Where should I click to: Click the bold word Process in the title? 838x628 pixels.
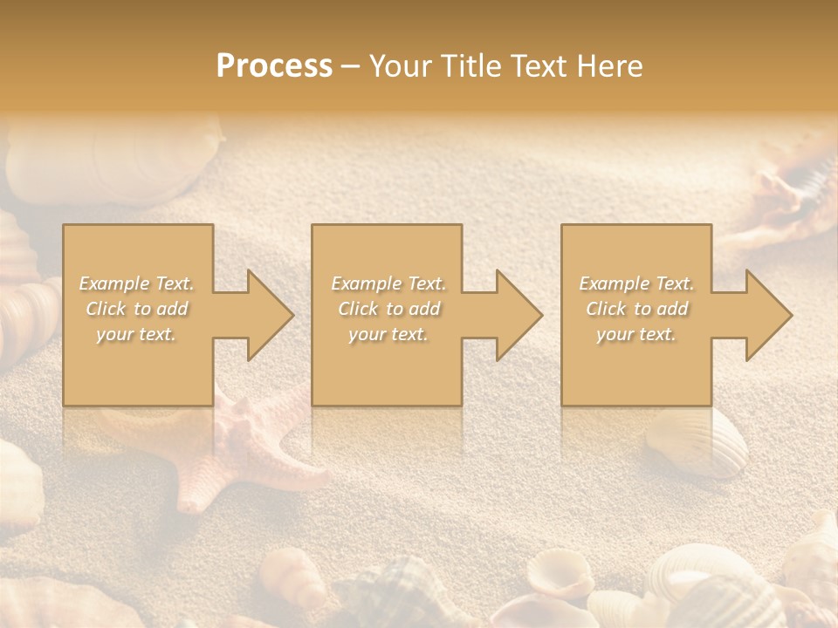tap(274, 66)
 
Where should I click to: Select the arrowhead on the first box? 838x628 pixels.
tap(262, 315)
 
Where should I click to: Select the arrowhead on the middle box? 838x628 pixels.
tap(511, 315)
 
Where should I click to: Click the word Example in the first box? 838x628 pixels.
tap(114, 283)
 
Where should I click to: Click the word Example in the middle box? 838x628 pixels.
tap(366, 283)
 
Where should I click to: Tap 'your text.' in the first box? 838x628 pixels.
tap(136, 334)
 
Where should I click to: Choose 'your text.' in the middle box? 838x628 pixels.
tap(388, 334)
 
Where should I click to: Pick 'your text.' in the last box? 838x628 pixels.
tap(636, 334)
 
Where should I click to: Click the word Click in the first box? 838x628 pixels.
tap(106, 309)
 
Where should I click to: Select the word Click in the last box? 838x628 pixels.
tap(607, 309)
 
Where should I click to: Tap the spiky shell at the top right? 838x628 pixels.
tap(786, 188)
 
